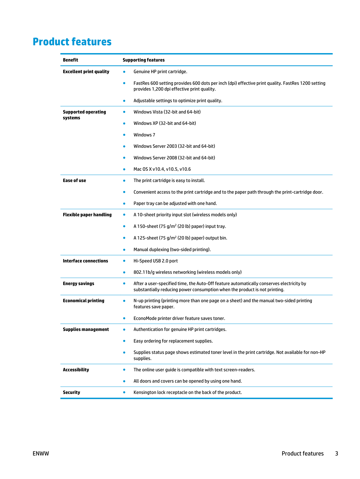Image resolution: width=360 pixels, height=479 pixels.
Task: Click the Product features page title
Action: [72, 42]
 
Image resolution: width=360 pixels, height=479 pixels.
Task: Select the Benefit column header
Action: [70, 60]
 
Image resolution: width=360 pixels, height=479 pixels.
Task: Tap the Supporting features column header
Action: [143, 60]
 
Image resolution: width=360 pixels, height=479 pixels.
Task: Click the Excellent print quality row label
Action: [86, 72]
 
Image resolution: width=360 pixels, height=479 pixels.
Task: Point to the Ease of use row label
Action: [74, 181]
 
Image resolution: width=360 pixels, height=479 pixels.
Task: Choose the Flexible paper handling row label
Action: [87, 215]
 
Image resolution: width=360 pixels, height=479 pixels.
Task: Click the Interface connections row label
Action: [85, 261]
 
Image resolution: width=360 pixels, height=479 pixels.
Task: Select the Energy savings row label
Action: [78, 284]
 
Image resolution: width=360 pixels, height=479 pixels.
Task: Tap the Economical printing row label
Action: [83, 301]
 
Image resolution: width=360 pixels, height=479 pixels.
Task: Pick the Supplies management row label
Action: [86, 329]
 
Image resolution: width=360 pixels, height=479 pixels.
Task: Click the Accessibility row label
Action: [76, 370]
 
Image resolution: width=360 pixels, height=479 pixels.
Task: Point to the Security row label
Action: [71, 392]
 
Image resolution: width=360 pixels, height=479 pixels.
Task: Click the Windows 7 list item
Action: [144, 135]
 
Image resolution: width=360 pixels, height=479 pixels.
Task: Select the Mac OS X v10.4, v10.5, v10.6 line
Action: [162, 169]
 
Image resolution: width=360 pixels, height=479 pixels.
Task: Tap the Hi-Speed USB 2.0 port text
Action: [156, 261]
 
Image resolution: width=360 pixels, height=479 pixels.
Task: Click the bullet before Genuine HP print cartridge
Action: [124, 72]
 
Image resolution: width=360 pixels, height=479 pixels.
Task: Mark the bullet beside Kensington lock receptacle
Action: [124, 392]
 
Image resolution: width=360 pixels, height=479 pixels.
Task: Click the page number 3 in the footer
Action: [336, 453]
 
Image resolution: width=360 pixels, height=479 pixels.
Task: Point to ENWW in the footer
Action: [41, 453]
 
